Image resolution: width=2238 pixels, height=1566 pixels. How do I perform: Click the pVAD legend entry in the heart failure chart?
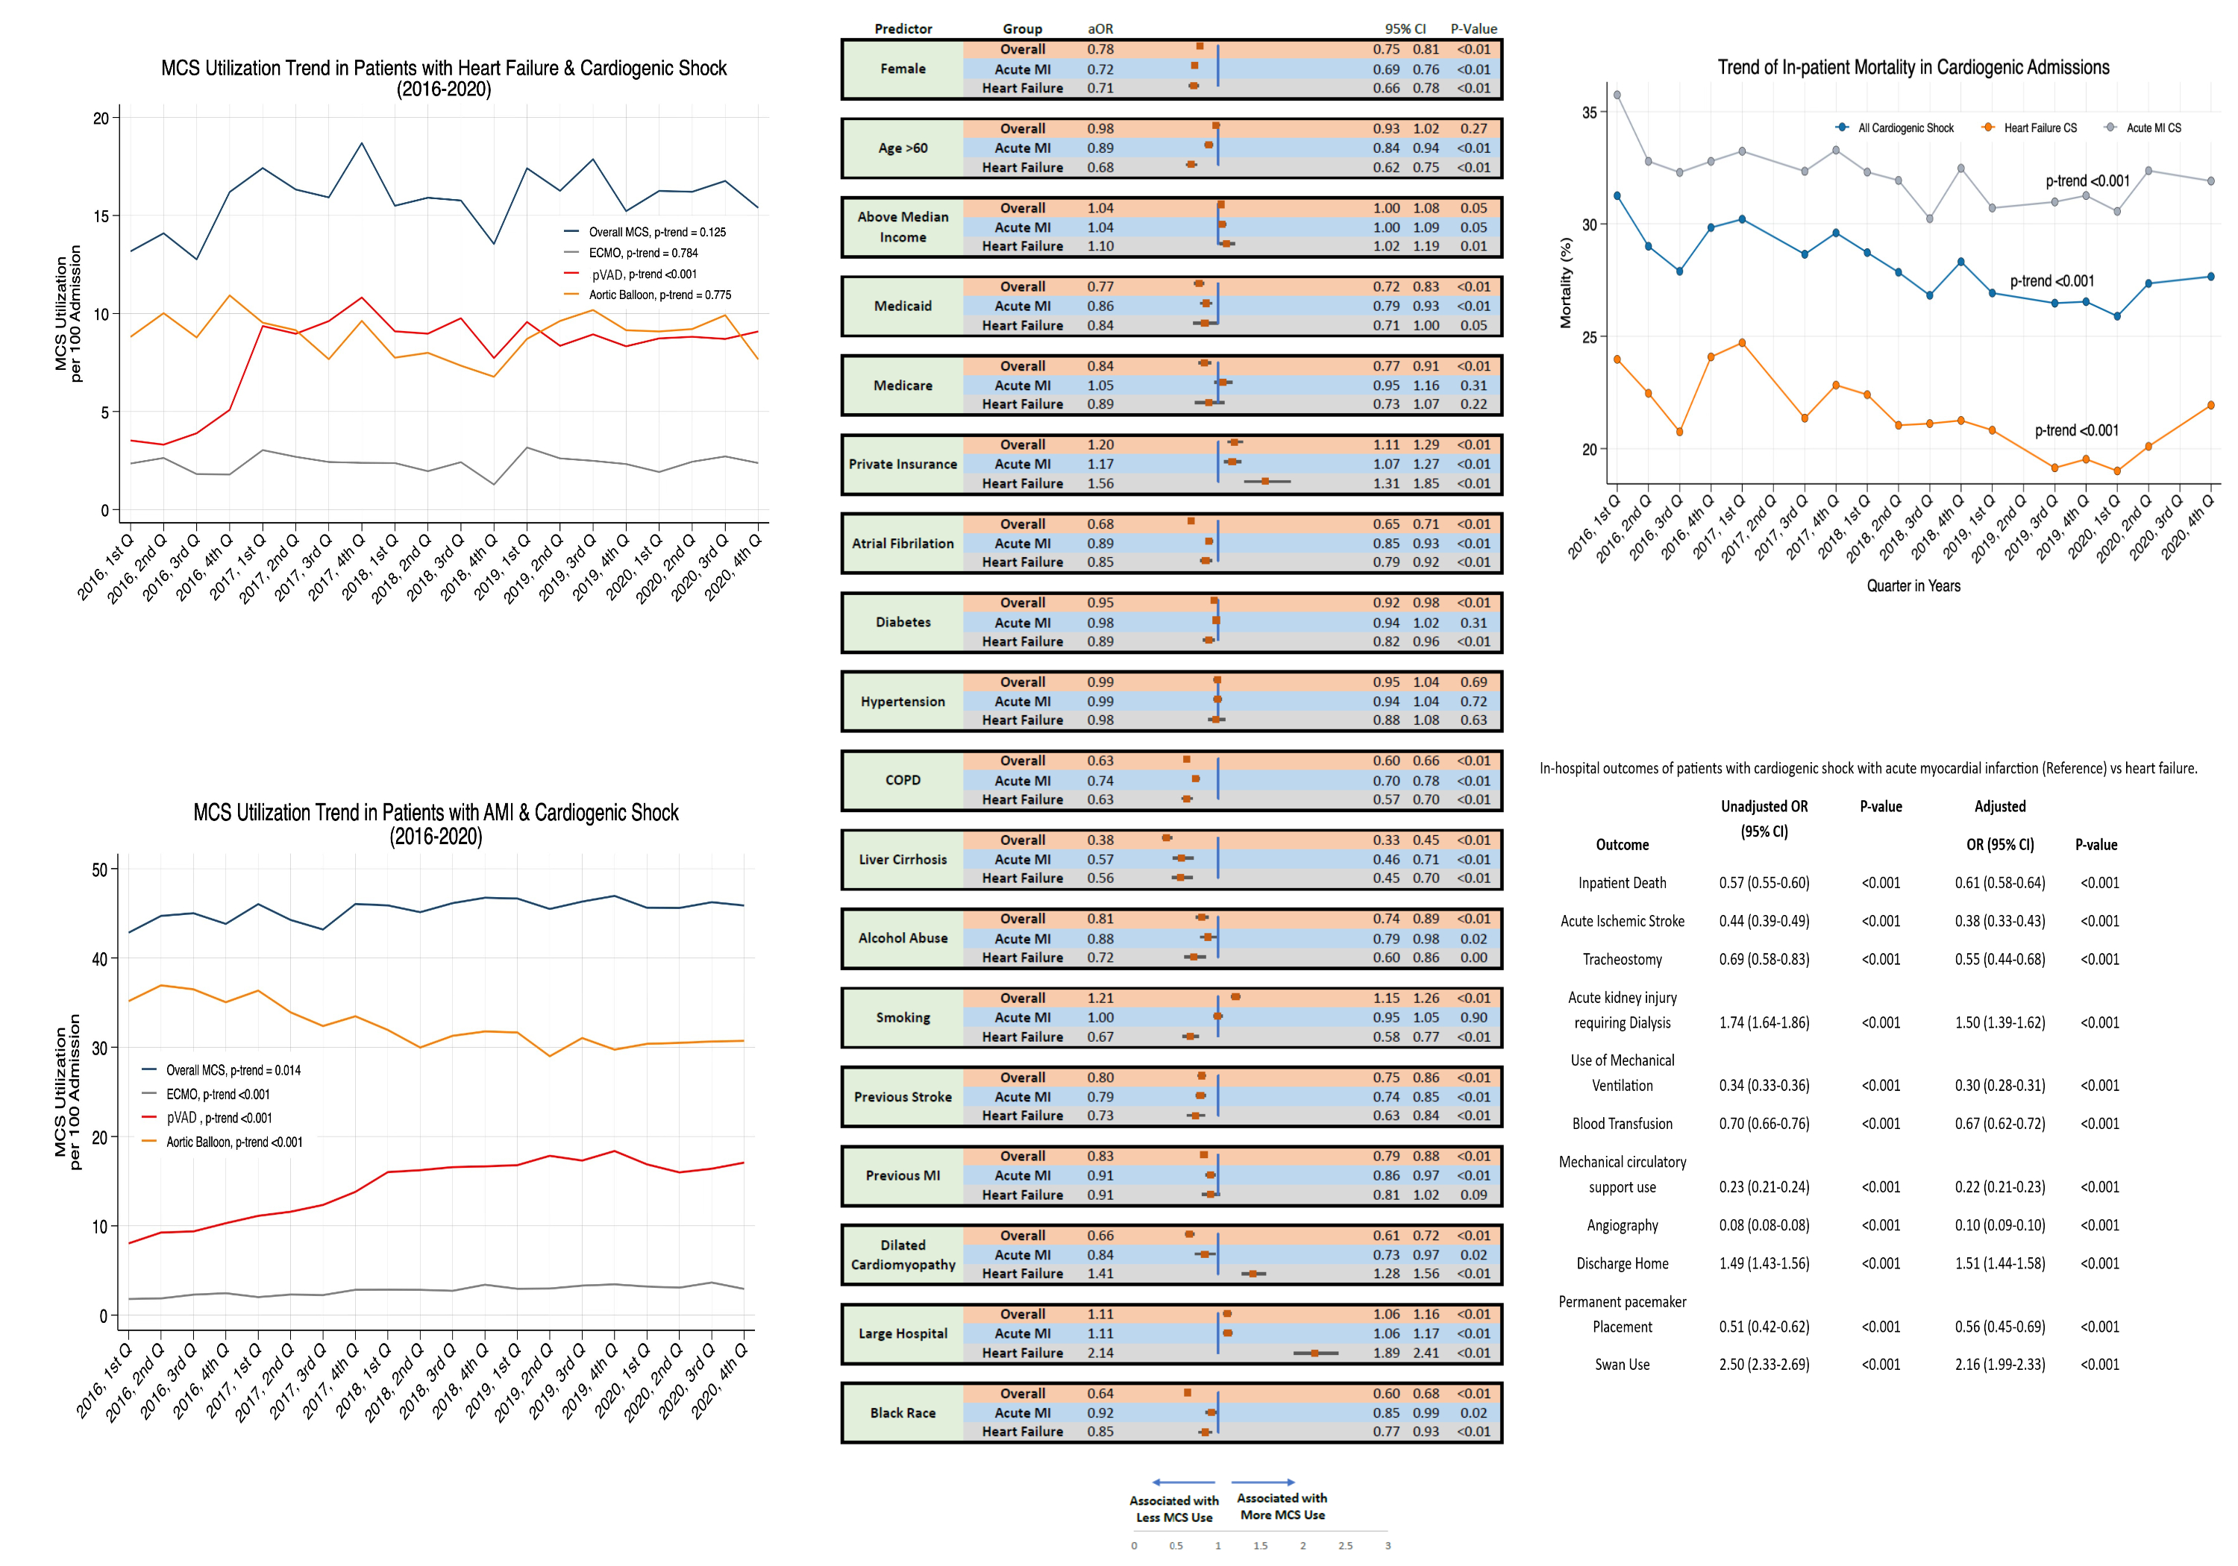(x=643, y=274)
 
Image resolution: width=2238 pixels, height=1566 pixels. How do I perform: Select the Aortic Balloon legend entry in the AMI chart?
(x=234, y=1142)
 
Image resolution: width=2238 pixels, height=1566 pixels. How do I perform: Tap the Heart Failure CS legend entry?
(x=2039, y=128)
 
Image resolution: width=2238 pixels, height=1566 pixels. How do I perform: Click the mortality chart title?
(x=1913, y=67)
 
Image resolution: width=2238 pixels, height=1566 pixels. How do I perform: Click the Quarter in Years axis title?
(x=1913, y=585)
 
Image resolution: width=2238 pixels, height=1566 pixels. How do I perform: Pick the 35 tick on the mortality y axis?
(x=1590, y=112)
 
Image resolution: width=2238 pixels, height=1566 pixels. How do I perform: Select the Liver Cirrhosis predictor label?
(x=903, y=860)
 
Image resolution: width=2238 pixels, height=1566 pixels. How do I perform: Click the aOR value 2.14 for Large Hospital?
(x=1100, y=1353)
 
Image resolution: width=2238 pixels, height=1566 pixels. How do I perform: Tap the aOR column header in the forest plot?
(x=1100, y=29)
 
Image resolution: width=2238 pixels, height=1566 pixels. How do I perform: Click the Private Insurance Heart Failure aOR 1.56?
(x=1100, y=483)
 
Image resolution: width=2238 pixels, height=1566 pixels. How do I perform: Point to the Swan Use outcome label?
(x=1622, y=1364)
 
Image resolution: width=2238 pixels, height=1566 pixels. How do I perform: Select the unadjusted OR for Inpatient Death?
(x=1764, y=883)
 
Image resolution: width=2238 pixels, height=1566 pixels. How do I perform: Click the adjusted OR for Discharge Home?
(x=1999, y=1263)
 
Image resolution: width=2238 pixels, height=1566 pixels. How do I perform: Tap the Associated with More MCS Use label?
(x=1282, y=1506)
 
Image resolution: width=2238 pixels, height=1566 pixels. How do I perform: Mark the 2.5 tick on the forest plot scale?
(x=1345, y=1546)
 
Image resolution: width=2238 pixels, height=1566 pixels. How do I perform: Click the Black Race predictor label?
(x=903, y=1413)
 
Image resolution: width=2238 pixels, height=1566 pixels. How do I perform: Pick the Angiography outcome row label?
(x=1622, y=1225)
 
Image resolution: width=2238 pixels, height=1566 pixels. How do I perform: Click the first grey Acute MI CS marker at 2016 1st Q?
(x=1617, y=95)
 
